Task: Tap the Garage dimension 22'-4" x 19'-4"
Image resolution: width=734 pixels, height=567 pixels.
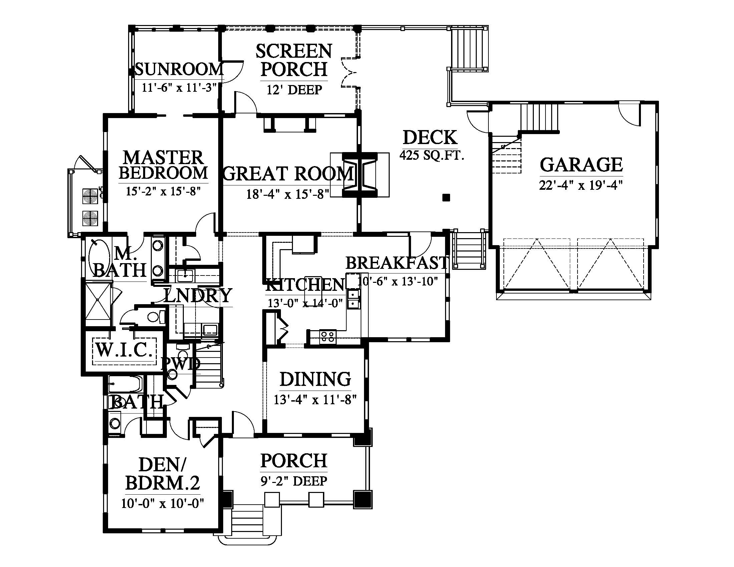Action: [x=581, y=185]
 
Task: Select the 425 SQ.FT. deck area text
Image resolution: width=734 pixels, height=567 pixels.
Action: [x=432, y=155]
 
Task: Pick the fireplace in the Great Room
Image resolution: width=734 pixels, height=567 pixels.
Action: [x=359, y=175]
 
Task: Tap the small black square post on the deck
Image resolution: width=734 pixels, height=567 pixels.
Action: [x=446, y=197]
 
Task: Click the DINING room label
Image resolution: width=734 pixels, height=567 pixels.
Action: [x=315, y=379]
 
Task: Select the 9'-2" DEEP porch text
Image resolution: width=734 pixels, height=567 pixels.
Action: [x=293, y=481]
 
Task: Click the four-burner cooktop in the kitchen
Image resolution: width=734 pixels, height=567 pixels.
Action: [x=328, y=336]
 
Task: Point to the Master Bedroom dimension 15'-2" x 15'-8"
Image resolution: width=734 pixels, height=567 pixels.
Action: [x=163, y=191]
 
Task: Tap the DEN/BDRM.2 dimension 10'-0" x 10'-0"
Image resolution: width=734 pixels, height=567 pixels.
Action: [x=163, y=504]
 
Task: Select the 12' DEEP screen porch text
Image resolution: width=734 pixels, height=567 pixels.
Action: [x=294, y=90]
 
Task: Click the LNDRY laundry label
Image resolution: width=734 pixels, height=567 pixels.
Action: [x=198, y=296]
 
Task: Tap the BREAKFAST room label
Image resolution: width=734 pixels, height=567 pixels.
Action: [x=397, y=263]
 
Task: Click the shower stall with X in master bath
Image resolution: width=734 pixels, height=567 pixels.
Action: [x=98, y=304]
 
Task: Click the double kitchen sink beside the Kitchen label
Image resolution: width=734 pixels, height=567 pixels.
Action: [x=353, y=299]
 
